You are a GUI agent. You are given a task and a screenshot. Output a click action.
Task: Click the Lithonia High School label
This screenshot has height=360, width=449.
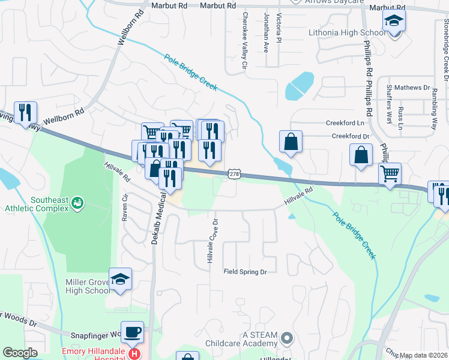pyautogui.click(x=347, y=32)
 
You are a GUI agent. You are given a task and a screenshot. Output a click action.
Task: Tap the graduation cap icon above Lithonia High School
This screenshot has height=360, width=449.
pyautogui.click(x=394, y=22)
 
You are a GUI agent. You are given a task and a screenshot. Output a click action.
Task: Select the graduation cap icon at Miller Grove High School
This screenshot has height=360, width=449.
pyautogui.click(x=120, y=279)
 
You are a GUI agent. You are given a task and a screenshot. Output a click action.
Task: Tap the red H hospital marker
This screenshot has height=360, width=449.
pyautogui.click(x=135, y=353)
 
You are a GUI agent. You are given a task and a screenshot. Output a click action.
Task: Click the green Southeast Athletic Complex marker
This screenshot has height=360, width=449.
pyautogui.click(x=77, y=204)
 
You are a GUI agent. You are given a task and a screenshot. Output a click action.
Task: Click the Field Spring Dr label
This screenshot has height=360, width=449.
pyautogui.click(x=245, y=272)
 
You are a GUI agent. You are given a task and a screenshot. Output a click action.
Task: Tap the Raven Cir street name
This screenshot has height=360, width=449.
pyautogui.click(x=125, y=208)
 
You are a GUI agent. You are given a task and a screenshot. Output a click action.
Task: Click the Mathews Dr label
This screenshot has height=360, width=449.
pyautogui.click(x=412, y=88)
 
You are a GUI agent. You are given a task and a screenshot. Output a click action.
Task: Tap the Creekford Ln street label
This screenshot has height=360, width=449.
pyautogui.click(x=345, y=122)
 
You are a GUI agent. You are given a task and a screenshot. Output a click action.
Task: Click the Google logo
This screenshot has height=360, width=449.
pyautogui.click(x=20, y=353)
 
